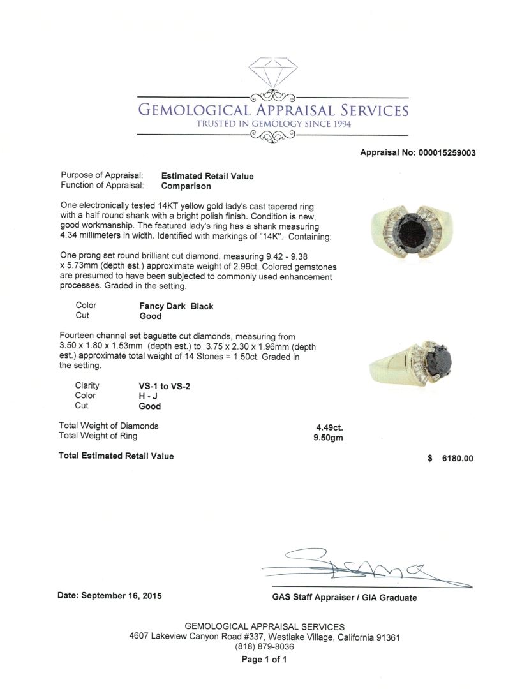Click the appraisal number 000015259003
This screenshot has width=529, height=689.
click(446, 152)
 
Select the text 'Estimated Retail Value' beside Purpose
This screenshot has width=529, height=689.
click(207, 176)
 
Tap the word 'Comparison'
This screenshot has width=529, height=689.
click(186, 186)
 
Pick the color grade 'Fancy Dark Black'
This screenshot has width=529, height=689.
click(176, 306)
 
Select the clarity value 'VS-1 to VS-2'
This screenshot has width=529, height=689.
click(165, 386)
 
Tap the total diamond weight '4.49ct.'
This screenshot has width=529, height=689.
click(329, 427)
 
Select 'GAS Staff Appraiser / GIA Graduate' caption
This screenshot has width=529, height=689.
click(344, 598)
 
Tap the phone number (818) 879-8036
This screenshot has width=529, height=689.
click(264, 646)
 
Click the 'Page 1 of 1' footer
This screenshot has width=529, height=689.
click(264, 660)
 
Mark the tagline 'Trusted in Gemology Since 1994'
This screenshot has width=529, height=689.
click(273, 124)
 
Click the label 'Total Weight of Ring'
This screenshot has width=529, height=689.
click(98, 436)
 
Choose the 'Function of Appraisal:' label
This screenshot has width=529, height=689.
click(101, 186)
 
